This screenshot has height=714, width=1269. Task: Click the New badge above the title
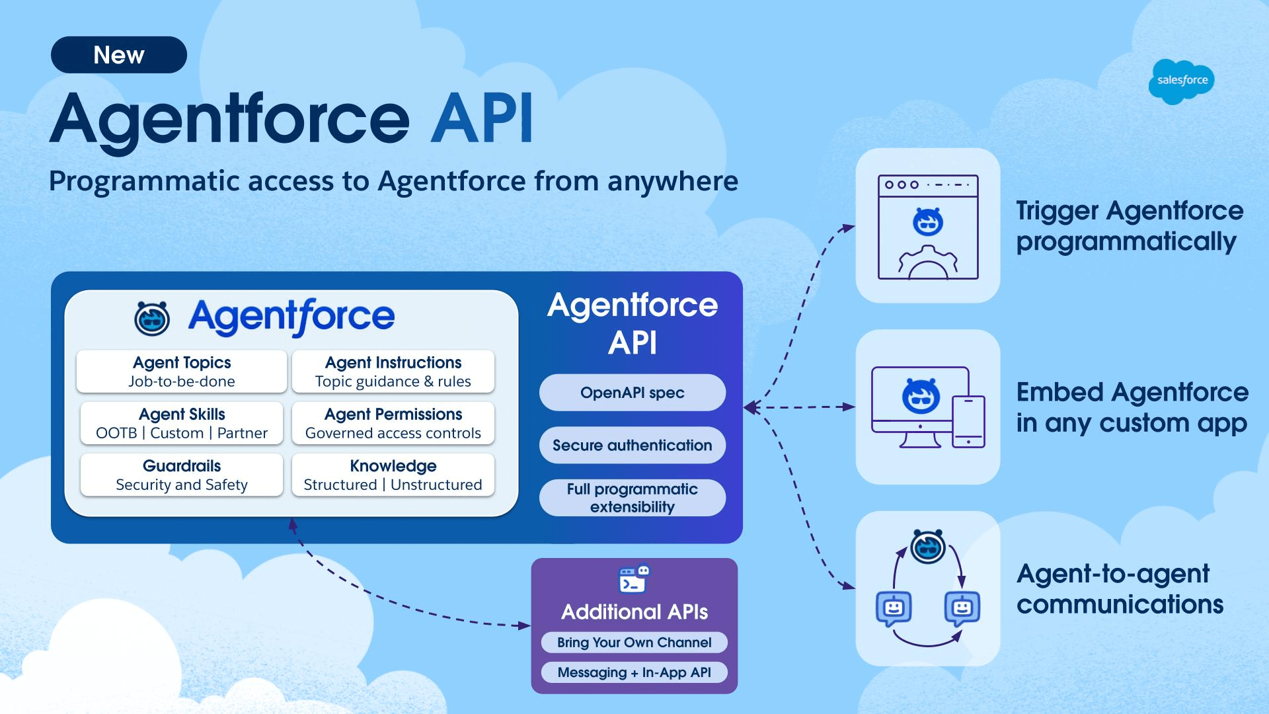click(x=119, y=55)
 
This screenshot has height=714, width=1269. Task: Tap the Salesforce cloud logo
click(x=1182, y=81)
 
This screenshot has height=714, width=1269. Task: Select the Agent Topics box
click(x=182, y=372)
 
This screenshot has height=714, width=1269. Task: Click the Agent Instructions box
click(x=393, y=372)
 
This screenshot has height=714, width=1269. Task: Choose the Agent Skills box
click(x=182, y=423)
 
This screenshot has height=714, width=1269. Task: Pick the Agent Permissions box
click(x=393, y=423)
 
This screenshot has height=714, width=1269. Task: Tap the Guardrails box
click(x=182, y=475)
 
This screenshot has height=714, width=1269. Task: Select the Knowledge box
click(x=393, y=475)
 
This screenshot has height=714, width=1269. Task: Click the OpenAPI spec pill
click(x=633, y=393)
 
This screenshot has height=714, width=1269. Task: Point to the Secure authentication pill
click(x=633, y=445)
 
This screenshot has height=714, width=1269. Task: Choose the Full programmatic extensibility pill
click(x=633, y=498)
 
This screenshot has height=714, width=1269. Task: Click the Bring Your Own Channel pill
click(x=634, y=643)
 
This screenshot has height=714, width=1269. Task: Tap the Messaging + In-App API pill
click(x=634, y=672)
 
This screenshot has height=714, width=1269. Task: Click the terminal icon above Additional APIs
click(x=633, y=580)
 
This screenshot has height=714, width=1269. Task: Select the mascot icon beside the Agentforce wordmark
click(x=152, y=318)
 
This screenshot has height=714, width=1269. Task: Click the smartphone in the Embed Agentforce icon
click(x=968, y=421)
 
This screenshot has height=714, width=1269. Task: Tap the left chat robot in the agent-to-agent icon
click(x=894, y=608)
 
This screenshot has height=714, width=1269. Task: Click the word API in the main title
click(x=482, y=119)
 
